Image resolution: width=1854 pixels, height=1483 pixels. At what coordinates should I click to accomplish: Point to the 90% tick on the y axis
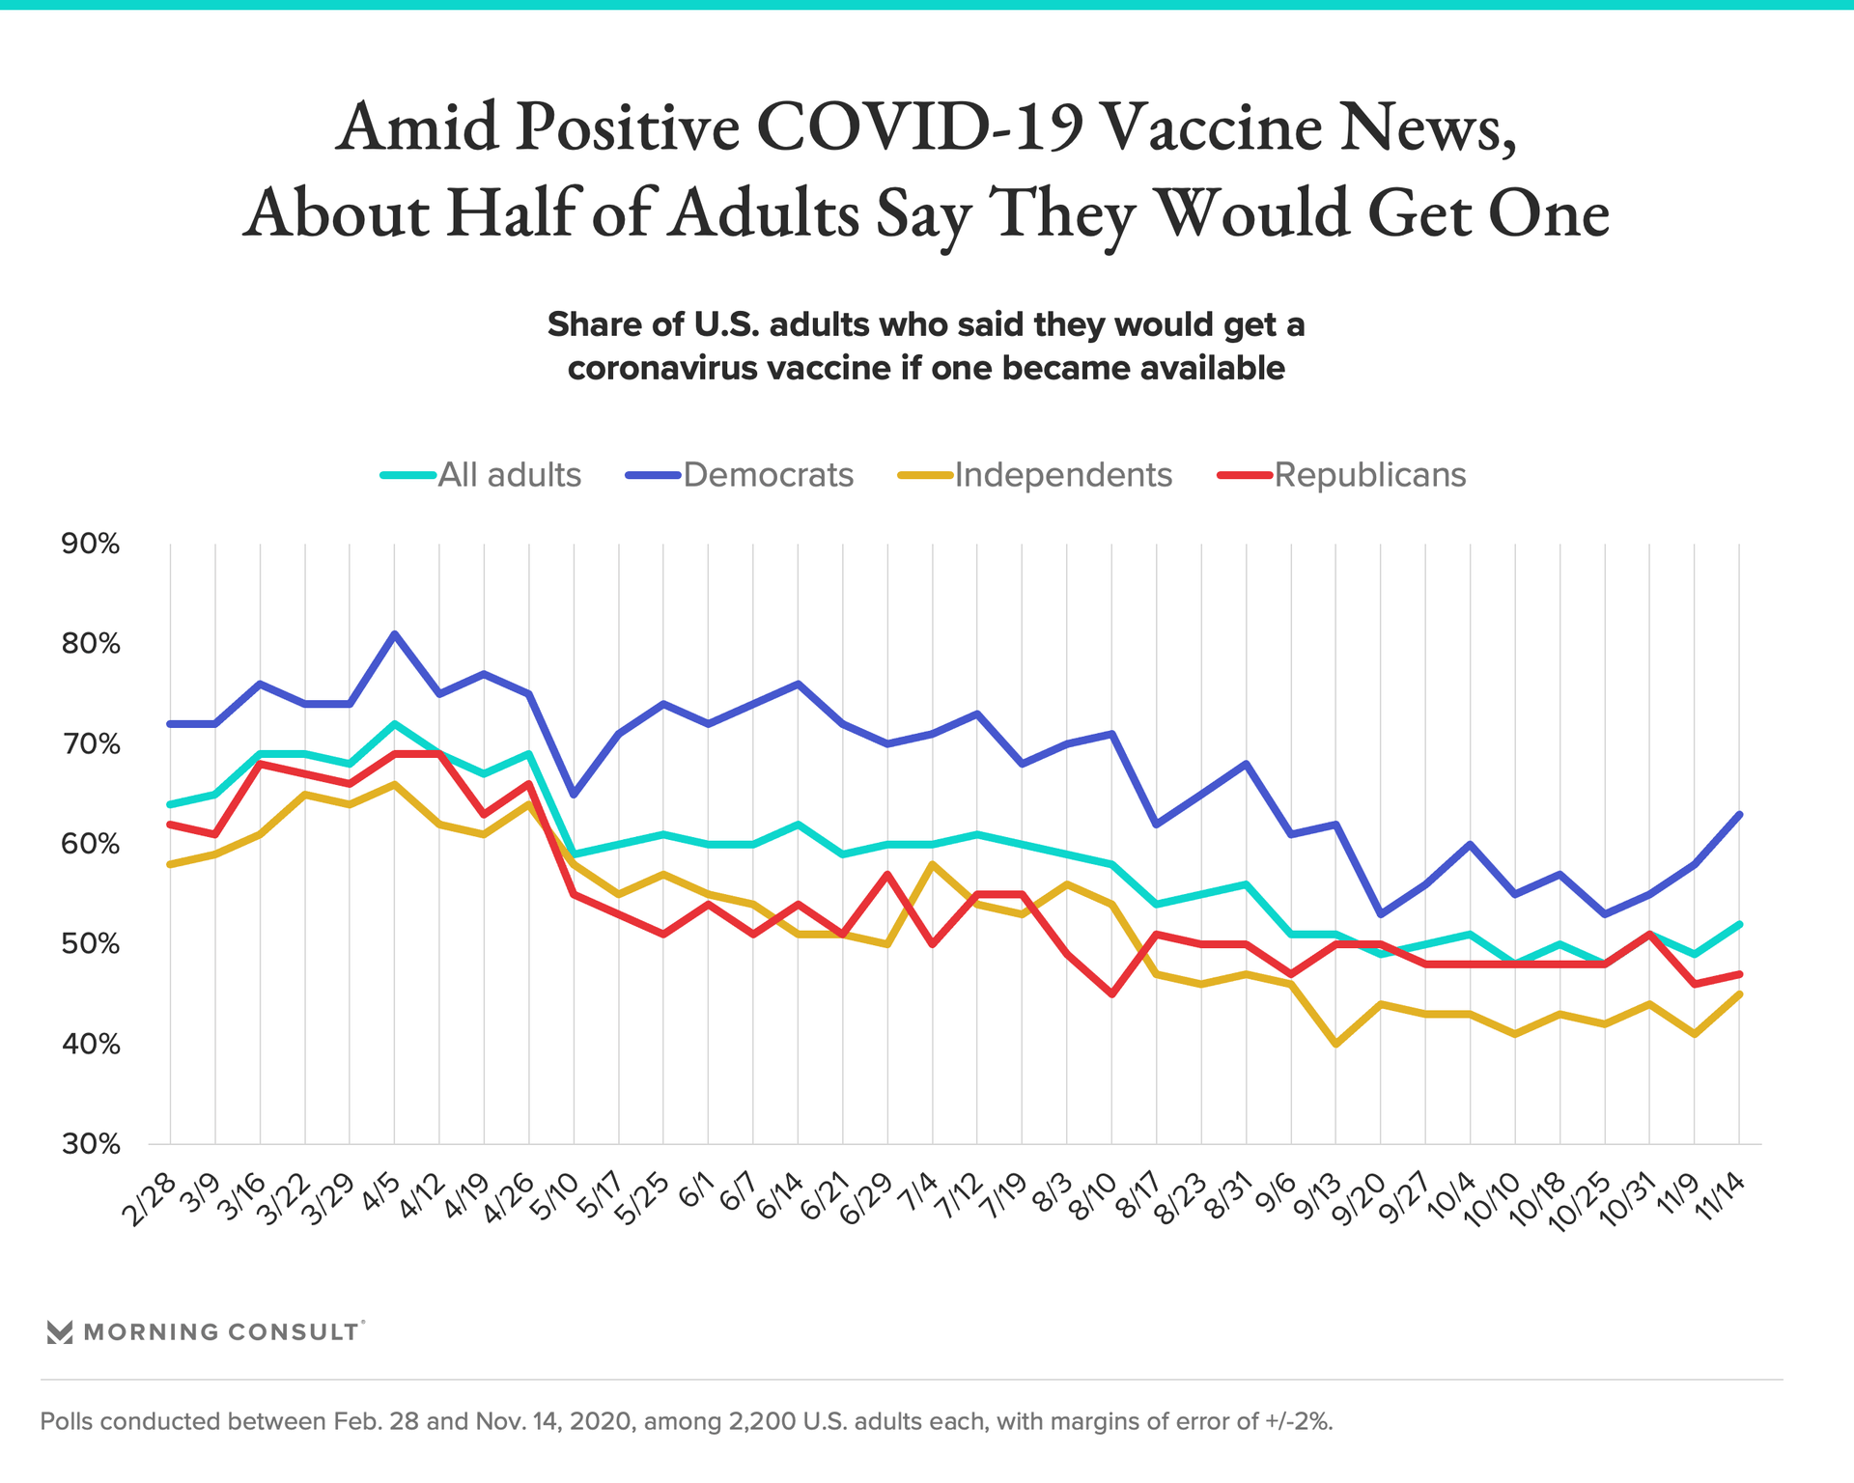point(91,545)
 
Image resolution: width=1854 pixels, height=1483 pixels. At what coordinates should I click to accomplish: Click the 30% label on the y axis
point(91,1145)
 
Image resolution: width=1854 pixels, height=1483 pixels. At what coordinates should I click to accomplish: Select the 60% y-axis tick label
point(91,845)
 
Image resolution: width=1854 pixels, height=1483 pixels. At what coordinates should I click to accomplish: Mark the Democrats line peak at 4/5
point(395,634)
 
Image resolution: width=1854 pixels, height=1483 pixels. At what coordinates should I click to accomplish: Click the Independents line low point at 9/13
point(1336,1045)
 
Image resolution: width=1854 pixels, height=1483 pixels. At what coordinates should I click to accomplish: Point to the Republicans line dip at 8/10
point(1112,994)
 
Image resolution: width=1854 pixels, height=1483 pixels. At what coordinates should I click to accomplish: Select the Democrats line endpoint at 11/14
point(1740,814)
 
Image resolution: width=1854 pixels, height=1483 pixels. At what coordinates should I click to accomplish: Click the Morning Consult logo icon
point(60,1332)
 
